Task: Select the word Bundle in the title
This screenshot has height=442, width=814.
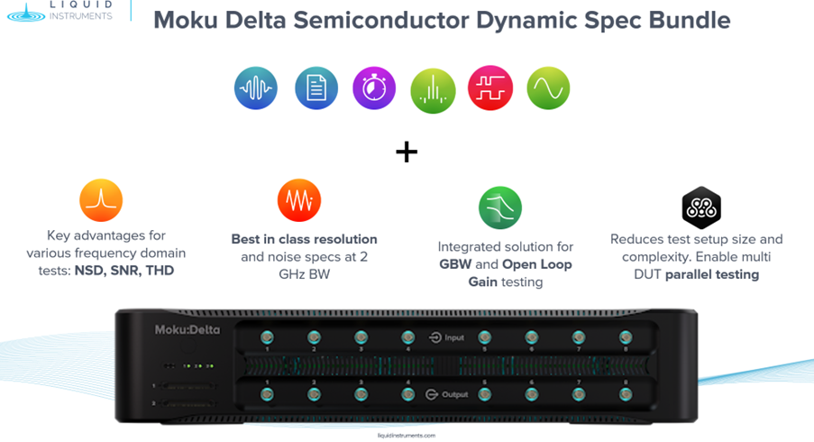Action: (x=684, y=20)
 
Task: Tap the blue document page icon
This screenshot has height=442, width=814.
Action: (x=316, y=88)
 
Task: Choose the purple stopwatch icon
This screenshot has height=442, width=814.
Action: (x=374, y=88)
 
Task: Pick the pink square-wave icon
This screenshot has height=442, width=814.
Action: (x=490, y=88)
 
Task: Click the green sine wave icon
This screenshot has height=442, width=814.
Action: (x=548, y=88)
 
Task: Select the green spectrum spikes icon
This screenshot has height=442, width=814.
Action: (x=433, y=89)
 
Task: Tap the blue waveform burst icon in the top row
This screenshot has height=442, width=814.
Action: (x=256, y=88)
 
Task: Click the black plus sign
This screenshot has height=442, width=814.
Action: (x=407, y=152)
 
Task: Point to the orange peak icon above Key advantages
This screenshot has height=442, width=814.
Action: (x=100, y=199)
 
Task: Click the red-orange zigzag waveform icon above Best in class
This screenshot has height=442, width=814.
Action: (x=299, y=199)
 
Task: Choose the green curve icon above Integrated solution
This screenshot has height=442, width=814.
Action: (x=500, y=207)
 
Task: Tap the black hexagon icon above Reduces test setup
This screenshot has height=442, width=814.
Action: (x=700, y=207)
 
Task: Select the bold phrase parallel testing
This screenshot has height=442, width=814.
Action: (x=711, y=274)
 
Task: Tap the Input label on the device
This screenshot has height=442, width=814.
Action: (x=453, y=338)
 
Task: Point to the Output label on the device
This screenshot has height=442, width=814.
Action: (x=454, y=394)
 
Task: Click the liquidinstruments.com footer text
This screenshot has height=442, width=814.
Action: (x=407, y=435)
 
